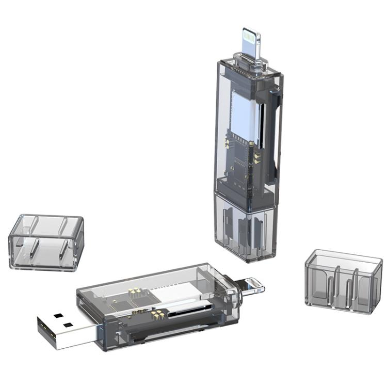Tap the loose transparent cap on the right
343,281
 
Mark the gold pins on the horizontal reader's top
135,293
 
